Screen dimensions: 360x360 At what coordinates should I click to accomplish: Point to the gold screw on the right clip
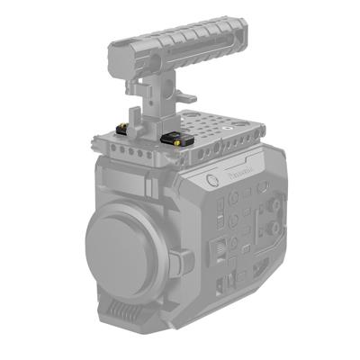(178, 140)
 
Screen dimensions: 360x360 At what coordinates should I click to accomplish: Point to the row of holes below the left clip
(126, 153)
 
